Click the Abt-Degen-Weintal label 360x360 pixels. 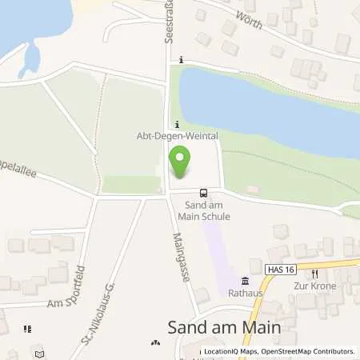(x=178, y=136)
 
